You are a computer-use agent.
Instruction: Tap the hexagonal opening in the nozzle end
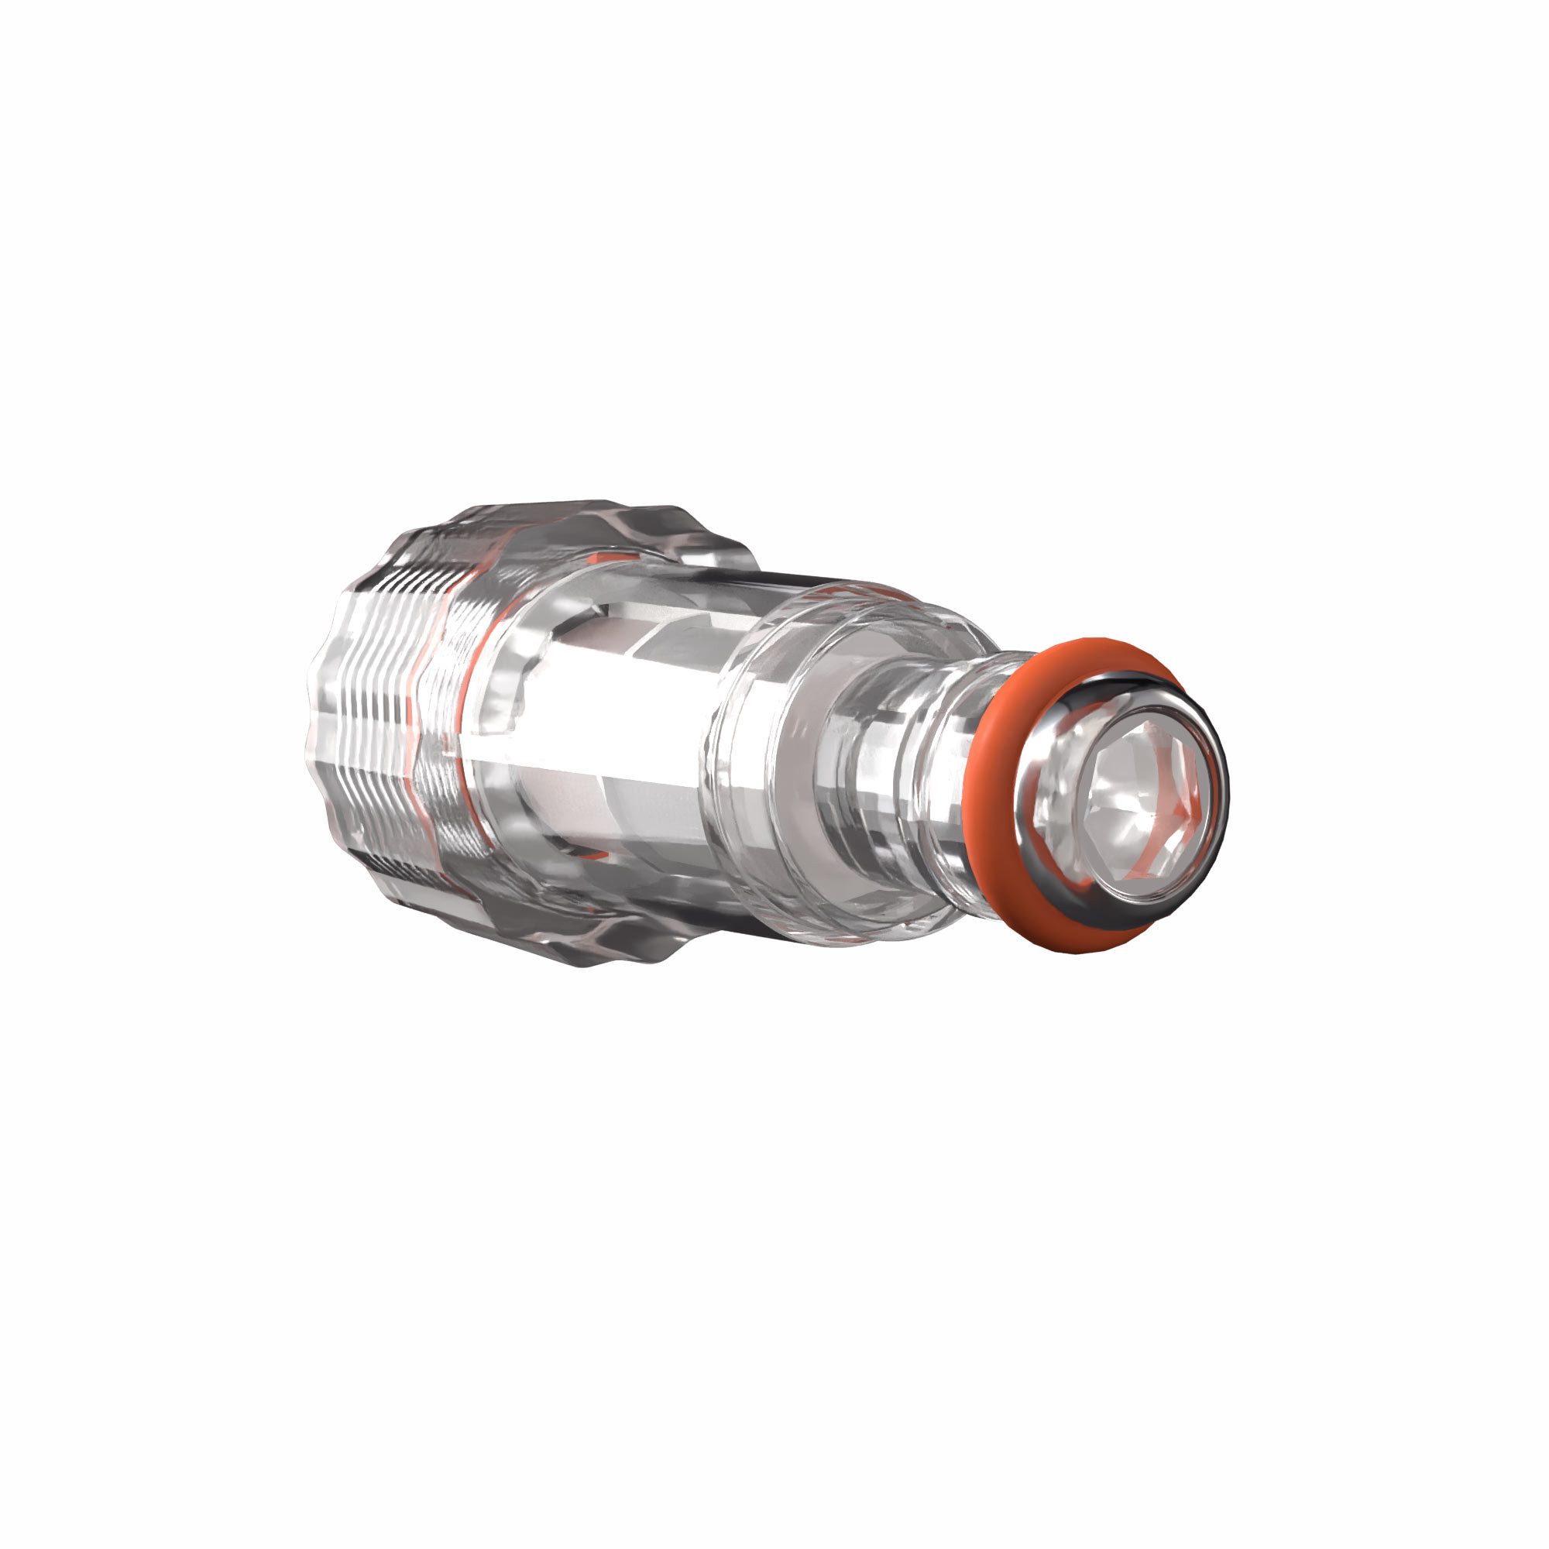(x=1139, y=798)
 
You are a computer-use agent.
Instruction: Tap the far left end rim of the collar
(x=314, y=722)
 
